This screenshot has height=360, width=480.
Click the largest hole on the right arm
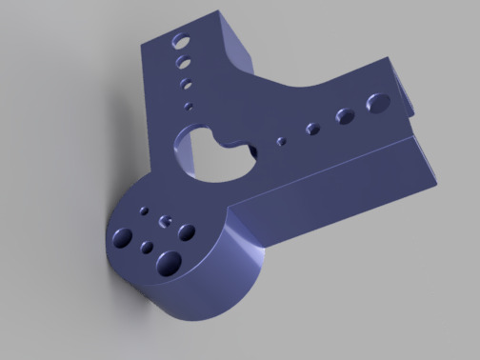point(376,101)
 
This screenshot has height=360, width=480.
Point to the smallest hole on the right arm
point(280,141)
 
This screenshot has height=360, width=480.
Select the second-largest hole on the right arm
point(344,115)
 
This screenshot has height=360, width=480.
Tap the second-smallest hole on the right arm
point(310,128)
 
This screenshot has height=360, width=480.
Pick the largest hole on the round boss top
point(169,260)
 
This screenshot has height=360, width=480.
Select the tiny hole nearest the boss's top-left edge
point(144,210)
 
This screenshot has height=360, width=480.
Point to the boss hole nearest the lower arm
point(187,231)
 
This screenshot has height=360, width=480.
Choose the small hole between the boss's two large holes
point(147,248)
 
